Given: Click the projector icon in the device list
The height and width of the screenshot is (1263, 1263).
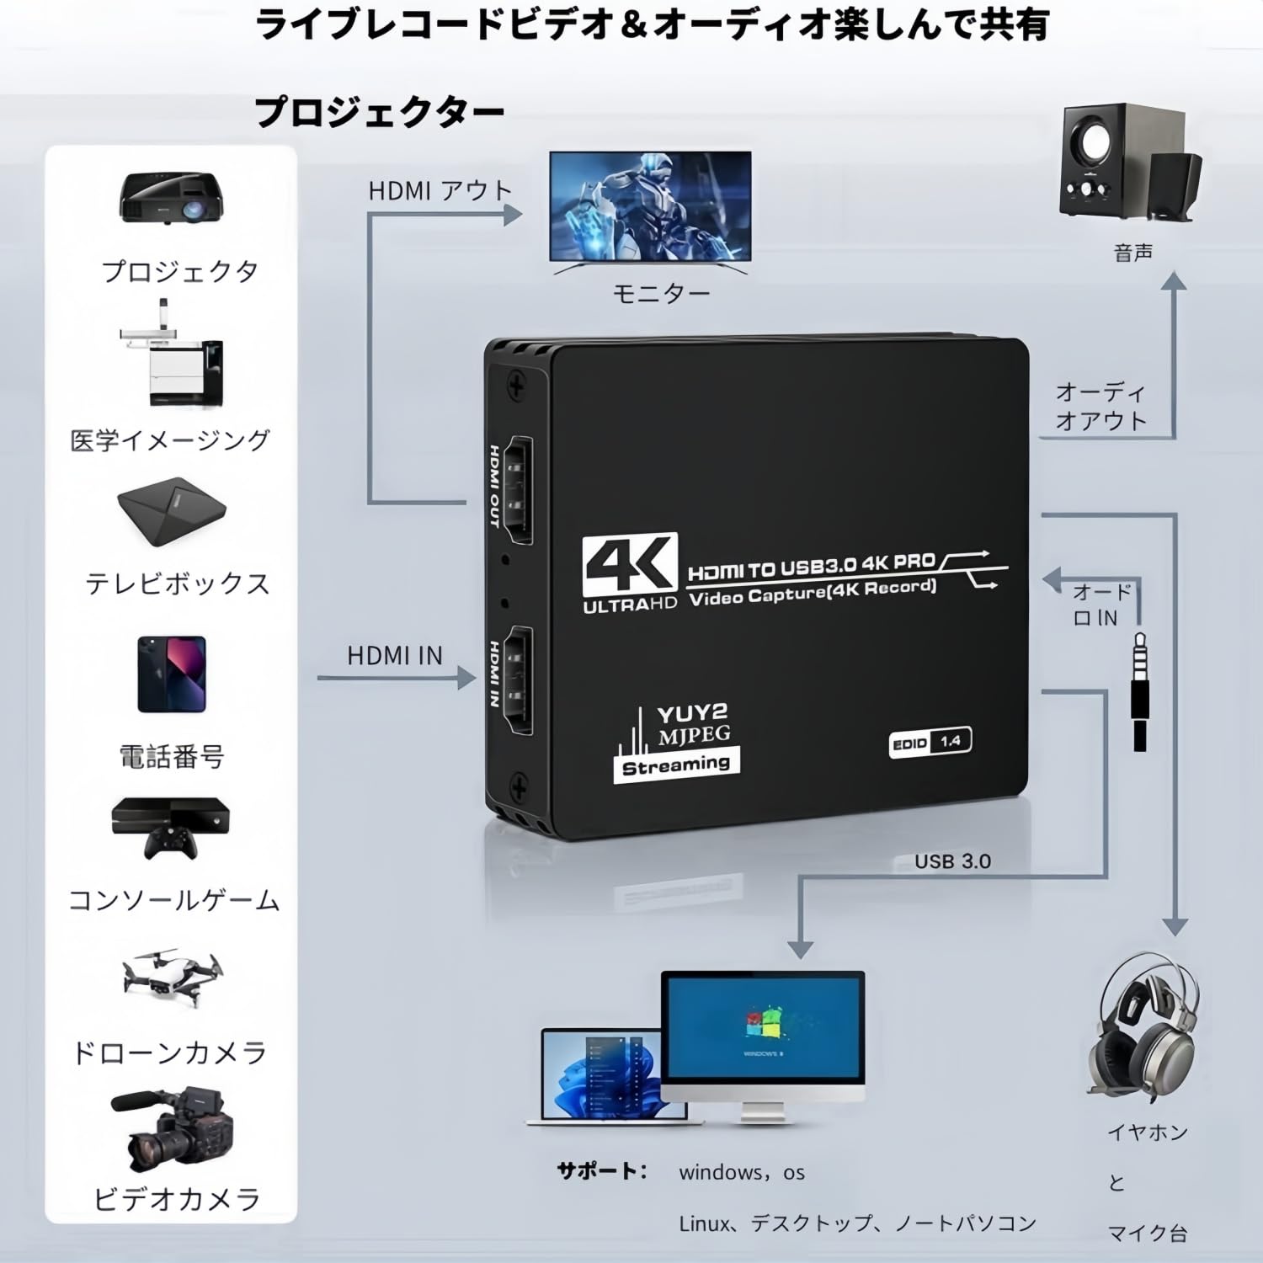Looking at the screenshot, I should tap(172, 198).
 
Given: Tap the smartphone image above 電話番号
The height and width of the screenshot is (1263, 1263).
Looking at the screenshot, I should tap(172, 674).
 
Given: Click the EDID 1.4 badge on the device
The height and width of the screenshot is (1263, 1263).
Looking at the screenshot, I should tap(930, 742).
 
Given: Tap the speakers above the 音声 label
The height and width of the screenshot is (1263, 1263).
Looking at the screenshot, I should tap(1128, 164).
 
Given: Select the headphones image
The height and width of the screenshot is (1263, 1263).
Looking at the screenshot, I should tap(1145, 1031).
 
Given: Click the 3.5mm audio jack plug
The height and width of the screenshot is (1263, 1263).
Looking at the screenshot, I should tap(1139, 690).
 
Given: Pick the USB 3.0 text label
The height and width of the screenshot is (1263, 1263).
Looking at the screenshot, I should tap(952, 861).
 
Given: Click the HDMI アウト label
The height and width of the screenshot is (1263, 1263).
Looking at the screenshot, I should tap(440, 191).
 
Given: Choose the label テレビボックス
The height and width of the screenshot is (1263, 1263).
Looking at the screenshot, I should tap(177, 584).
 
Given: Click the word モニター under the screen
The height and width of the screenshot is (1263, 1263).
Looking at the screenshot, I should tap(661, 293).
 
